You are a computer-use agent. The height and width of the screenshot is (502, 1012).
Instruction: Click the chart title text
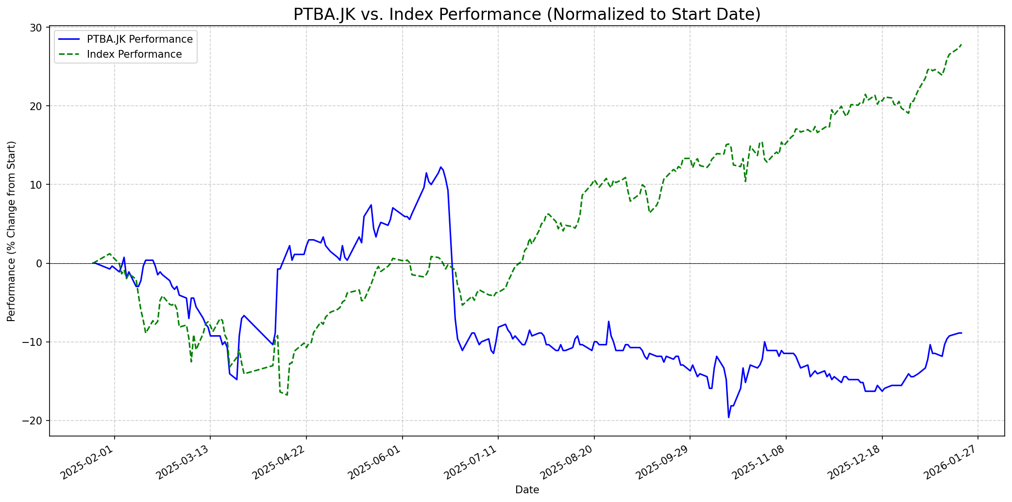(527, 15)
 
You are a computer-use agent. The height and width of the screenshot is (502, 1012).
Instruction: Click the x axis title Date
(527, 490)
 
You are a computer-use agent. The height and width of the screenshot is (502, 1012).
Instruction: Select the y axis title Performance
(12, 231)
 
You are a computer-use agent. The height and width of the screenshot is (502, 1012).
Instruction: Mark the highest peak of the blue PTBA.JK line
(441, 167)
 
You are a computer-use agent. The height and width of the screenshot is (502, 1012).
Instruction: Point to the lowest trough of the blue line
(728, 417)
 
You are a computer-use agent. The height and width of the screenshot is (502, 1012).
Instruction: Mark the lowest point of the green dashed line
(287, 395)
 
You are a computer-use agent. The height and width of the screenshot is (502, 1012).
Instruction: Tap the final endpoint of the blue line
(961, 333)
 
